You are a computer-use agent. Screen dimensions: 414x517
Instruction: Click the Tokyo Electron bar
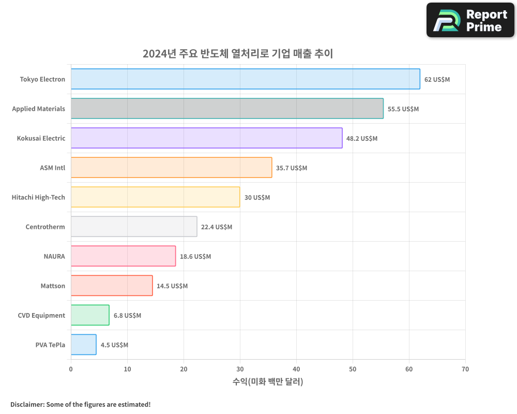pos(245,79)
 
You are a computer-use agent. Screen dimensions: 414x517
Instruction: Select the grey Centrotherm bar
pos(134,227)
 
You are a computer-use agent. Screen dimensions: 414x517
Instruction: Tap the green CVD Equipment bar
pos(90,315)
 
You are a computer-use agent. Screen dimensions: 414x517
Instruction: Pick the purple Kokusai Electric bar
pos(206,138)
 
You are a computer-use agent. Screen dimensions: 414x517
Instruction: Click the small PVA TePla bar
pos(83,345)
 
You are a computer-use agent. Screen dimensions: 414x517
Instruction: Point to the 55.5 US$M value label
pos(403,109)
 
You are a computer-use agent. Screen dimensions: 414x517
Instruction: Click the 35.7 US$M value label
pos(292,168)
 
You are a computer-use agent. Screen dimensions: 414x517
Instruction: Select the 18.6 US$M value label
pos(195,257)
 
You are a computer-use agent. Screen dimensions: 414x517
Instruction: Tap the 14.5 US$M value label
pos(172,286)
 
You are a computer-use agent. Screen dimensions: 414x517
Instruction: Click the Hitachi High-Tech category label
pos(38,198)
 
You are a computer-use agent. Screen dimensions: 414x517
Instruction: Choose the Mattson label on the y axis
pos(53,286)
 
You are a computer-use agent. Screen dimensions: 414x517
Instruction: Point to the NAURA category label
pos(54,257)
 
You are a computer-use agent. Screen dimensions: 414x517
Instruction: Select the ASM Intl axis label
pos(52,168)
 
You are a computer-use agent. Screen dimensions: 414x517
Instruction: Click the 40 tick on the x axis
pos(296,369)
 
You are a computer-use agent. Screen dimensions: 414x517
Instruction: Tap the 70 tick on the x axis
pos(465,369)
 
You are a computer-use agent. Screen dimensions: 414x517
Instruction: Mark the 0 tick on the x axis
pos(71,369)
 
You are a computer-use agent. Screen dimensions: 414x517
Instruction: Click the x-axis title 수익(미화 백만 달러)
pos(268,382)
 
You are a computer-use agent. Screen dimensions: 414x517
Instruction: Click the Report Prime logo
pos(470,20)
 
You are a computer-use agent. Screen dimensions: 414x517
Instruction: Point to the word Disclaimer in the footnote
pos(26,404)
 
